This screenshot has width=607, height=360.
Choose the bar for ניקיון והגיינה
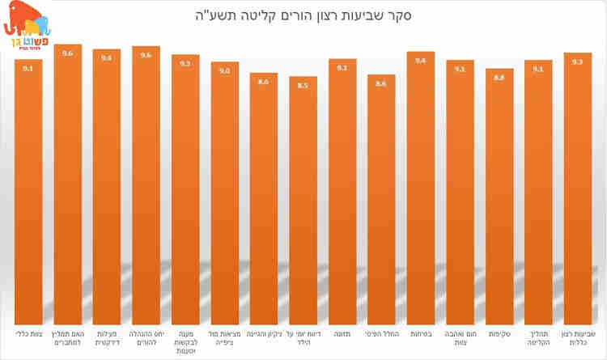pyautogui.click(x=264, y=198)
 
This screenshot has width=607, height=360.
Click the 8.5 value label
pyautogui.click(x=303, y=85)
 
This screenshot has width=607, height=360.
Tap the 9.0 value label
pyautogui.click(x=224, y=71)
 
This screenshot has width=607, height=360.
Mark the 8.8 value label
pyautogui.click(x=499, y=78)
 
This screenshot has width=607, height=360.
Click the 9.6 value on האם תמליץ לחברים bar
pyautogui.click(x=68, y=53)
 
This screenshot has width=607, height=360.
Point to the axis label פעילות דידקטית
pyautogui.click(x=107, y=337)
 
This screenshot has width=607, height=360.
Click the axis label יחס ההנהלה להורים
pyautogui.click(x=146, y=337)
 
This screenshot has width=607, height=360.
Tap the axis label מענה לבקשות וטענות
pyautogui.click(x=185, y=341)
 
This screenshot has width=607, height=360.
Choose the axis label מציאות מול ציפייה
pyautogui.click(x=224, y=337)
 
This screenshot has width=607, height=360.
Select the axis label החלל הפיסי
pyautogui.click(x=381, y=333)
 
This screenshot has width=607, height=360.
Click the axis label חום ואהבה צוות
pyautogui.click(x=460, y=337)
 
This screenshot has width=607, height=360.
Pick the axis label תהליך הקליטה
pyautogui.click(x=538, y=337)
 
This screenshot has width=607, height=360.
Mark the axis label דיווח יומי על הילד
pyautogui.click(x=303, y=337)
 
